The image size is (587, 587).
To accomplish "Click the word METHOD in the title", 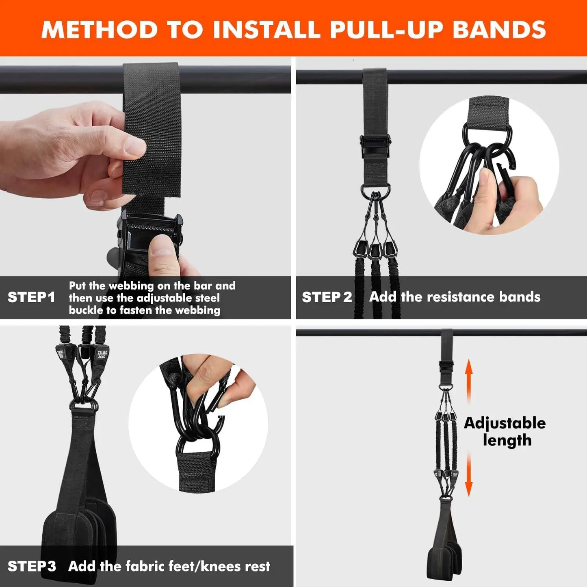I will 100,30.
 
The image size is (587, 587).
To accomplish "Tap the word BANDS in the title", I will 499,30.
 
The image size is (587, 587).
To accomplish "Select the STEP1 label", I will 31,297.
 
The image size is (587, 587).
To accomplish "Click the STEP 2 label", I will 327,297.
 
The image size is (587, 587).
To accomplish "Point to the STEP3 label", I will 32,566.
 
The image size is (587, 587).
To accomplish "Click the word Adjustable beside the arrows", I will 505,423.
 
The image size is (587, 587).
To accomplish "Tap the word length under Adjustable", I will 507,440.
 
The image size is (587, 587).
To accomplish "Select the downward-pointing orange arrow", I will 469,475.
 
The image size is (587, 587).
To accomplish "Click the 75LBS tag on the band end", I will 101,354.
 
